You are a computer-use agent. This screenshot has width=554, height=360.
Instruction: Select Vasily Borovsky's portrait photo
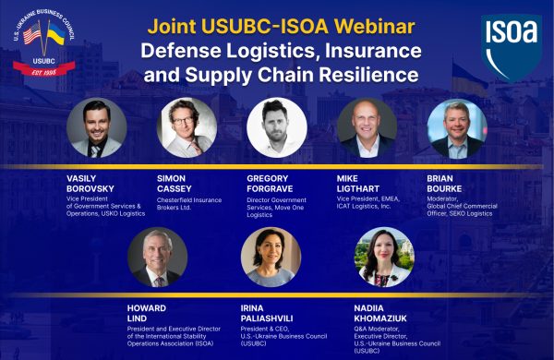(96, 128)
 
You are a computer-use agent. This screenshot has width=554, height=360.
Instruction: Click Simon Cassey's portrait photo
(187, 127)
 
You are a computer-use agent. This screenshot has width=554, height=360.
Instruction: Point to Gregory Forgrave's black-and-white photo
(276, 127)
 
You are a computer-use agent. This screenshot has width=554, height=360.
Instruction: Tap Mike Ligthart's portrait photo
(367, 128)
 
